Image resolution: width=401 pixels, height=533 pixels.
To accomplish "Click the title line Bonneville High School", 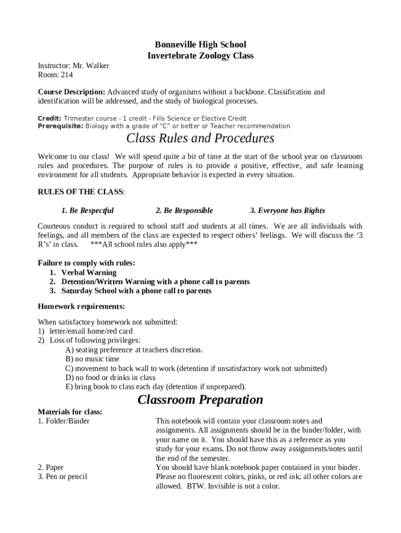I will [x=200, y=44].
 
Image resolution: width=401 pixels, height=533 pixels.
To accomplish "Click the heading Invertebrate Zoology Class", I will [x=200, y=56].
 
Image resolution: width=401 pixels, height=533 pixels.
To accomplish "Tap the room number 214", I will [x=67, y=75].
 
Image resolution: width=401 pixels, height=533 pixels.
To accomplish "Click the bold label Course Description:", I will [x=71, y=92].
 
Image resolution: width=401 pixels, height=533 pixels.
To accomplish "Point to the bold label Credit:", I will [x=49, y=119].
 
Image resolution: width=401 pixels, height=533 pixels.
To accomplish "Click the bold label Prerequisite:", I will [x=60, y=126].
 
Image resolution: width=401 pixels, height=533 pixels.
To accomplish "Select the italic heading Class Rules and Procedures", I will [x=200, y=138].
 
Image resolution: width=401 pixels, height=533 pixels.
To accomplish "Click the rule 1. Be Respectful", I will [x=87, y=211].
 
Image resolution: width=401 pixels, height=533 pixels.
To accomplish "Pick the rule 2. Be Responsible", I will [x=184, y=211].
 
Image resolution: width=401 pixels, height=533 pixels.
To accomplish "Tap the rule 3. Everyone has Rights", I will [x=287, y=211].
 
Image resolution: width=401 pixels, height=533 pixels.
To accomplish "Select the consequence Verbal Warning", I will [x=89, y=273].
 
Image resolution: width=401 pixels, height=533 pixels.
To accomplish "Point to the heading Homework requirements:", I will [x=81, y=306].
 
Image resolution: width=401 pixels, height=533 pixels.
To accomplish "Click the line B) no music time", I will [x=92, y=359].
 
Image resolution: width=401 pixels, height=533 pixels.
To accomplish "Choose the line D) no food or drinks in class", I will [x=110, y=378].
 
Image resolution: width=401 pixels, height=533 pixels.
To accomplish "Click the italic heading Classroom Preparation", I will [x=200, y=400].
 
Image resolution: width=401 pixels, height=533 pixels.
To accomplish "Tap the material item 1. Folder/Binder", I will [x=64, y=421].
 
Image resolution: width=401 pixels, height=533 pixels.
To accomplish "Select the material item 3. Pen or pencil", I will [x=62, y=477].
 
